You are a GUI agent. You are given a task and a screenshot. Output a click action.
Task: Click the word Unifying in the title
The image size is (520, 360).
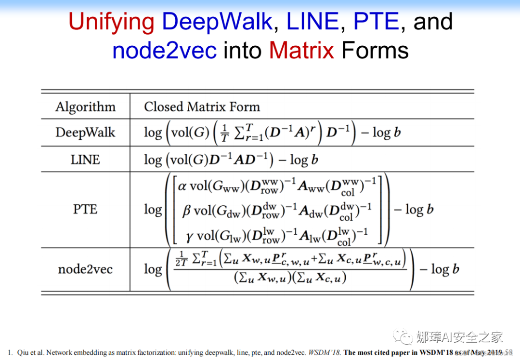[x=111, y=22]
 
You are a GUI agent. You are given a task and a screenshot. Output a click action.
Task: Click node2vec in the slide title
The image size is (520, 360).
[x=164, y=50]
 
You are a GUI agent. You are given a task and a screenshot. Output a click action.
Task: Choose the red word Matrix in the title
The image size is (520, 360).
[x=301, y=50]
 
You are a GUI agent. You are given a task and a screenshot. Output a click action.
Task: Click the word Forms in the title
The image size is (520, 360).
[x=375, y=50]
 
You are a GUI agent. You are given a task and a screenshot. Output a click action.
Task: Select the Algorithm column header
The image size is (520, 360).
[x=85, y=107]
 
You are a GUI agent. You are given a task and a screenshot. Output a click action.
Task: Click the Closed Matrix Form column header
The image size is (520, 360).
[x=202, y=107]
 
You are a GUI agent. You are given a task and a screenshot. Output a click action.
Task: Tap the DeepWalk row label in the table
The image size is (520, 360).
[x=85, y=133]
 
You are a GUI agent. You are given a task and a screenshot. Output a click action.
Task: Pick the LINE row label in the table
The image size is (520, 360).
[x=85, y=160]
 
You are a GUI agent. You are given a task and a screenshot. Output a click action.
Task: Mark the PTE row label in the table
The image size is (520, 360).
[x=85, y=210]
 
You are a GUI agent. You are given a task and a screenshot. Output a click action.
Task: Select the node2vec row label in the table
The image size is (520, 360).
[x=85, y=269]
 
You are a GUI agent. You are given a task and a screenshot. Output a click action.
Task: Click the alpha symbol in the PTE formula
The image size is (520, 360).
[x=182, y=186]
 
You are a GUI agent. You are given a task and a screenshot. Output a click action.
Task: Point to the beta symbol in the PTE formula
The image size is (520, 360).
[x=187, y=211]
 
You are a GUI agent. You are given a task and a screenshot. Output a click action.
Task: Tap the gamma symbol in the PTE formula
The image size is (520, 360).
[x=189, y=236]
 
